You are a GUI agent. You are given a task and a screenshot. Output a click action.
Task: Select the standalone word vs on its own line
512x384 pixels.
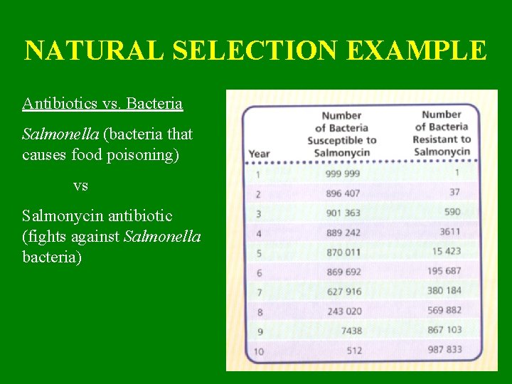[80, 186]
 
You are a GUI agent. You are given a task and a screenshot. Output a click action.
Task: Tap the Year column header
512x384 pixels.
[259, 154]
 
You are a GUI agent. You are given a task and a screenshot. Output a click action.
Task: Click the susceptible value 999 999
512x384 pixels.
[343, 174]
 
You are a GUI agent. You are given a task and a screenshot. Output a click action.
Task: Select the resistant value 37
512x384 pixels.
[454, 192]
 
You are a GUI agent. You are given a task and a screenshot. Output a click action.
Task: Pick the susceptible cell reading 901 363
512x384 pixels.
[343, 213]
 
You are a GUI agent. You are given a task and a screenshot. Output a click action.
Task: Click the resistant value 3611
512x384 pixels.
[449, 231]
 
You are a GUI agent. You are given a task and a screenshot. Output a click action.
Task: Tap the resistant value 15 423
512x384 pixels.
[446, 251]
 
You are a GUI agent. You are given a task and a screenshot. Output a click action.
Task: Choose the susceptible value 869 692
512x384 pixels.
[343, 272]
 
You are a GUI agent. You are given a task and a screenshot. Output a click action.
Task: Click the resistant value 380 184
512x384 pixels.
[444, 290]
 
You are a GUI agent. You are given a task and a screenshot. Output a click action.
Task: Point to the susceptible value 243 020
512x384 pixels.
[344, 311]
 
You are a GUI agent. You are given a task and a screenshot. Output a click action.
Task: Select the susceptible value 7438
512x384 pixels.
[351, 331]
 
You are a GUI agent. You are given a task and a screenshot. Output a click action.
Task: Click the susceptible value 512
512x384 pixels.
[353, 350]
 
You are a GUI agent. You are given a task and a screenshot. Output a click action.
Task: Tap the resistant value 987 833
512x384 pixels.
[444, 349]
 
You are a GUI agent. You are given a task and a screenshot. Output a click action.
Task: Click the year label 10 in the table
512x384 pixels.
[257, 351]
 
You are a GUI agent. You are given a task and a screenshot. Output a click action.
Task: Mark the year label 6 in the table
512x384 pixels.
[258, 272]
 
